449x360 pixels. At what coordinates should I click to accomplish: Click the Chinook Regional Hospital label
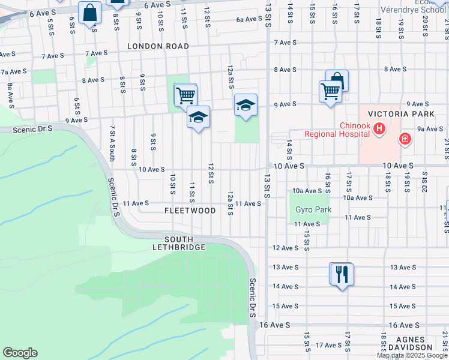pyautogui.click(x=336, y=130)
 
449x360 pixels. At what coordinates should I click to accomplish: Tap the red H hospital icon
pyautogui.click(x=379, y=128)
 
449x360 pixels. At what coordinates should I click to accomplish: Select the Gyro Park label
pyautogui.click(x=309, y=210)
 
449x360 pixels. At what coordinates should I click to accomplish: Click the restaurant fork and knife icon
pyautogui.click(x=342, y=274)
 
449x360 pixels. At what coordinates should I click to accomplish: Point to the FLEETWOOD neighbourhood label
pyautogui.click(x=190, y=211)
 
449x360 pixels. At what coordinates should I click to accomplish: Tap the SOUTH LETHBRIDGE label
pyautogui.click(x=179, y=243)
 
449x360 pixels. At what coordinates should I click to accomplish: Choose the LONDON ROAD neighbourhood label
pyautogui.click(x=158, y=46)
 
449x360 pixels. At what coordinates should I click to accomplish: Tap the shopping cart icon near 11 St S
pyautogui.click(x=185, y=94)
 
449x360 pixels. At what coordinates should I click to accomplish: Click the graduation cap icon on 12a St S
pyautogui.click(x=245, y=105)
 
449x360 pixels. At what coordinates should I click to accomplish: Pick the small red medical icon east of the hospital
pyautogui.click(x=406, y=139)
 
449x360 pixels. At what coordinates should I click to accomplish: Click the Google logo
pyautogui.click(x=20, y=353)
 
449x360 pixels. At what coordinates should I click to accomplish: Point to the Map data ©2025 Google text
pyautogui.click(x=412, y=355)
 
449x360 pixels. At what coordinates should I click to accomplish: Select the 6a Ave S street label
pyautogui.click(x=249, y=19)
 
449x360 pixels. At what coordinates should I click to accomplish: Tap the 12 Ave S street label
pyautogui.click(x=286, y=248)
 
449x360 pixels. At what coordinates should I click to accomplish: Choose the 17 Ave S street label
pyautogui.click(x=328, y=345)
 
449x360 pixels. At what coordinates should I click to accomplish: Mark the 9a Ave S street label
pyautogui.click(x=430, y=128)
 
